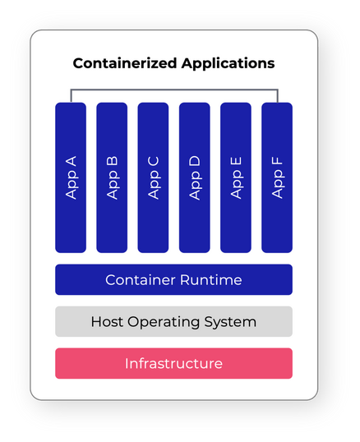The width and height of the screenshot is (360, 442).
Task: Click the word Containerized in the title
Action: tap(126, 63)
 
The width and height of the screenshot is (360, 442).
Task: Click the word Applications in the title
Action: tap(228, 64)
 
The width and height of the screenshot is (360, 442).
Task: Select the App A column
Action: tap(71, 177)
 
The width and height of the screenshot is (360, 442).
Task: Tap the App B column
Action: tap(112, 177)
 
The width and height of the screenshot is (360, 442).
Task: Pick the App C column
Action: tap(153, 177)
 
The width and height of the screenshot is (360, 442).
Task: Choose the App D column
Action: tap(195, 177)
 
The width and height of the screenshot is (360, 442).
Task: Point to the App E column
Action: tap(236, 177)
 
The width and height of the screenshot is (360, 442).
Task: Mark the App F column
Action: tap(277, 177)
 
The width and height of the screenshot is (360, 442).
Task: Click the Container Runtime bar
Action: tap(174, 279)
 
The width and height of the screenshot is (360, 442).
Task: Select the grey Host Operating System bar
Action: tap(174, 321)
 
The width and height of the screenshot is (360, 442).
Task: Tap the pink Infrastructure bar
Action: tap(174, 363)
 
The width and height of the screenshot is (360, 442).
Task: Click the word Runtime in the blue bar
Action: tap(211, 280)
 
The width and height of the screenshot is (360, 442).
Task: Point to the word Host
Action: tap(107, 321)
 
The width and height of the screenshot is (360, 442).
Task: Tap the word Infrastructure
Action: tap(174, 363)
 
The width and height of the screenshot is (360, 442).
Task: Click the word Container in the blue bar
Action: tap(141, 280)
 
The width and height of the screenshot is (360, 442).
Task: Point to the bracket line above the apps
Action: tap(174, 90)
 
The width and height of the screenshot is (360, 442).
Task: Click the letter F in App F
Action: tap(277, 161)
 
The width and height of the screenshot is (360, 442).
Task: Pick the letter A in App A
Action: tap(71, 162)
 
